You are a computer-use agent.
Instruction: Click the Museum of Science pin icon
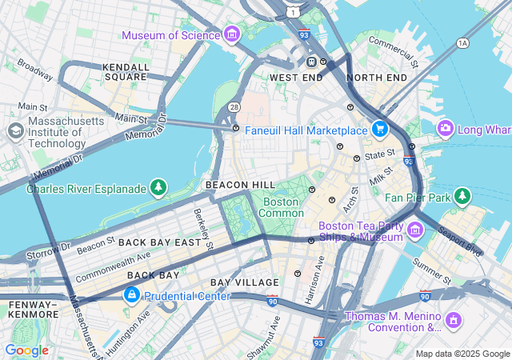pos(232,34)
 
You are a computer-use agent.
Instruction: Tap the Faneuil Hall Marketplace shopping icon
pos(380,129)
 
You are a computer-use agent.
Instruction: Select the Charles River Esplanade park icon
pos(159,188)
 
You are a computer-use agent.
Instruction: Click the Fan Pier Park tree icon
pos(462,195)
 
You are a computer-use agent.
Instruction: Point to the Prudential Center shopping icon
pos(130,296)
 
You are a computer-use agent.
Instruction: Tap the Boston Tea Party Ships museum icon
pos(414,231)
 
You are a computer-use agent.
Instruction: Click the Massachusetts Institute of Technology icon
pos(15,130)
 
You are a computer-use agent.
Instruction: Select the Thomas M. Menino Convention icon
pos(454,321)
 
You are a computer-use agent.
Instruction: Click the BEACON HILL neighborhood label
pos(240,185)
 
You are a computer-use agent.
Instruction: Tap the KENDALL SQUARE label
pos(126,72)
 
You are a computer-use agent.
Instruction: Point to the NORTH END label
pos(377,78)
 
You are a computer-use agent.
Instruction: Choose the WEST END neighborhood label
pos(296,78)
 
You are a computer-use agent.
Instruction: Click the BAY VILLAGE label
pos(245,282)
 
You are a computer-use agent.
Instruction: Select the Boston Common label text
pos(282,208)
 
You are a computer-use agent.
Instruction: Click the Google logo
pos(26,350)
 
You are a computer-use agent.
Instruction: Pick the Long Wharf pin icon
pos(446,128)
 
